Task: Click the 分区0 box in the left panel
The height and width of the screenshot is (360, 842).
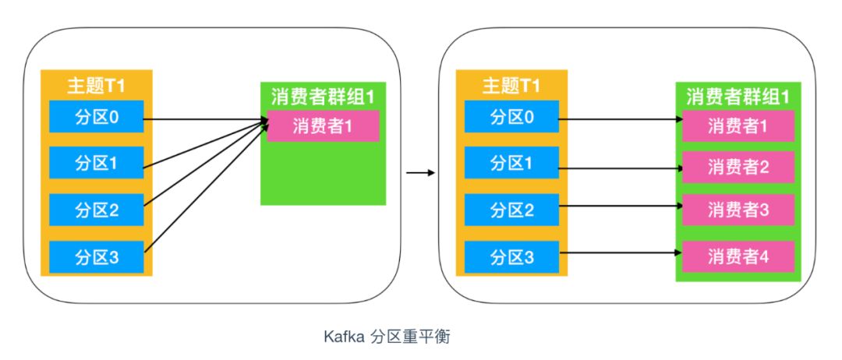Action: (x=97, y=118)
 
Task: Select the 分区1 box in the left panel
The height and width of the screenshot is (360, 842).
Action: (x=97, y=163)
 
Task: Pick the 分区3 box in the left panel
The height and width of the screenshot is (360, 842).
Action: (x=97, y=256)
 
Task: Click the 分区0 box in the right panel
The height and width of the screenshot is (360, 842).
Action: (x=513, y=118)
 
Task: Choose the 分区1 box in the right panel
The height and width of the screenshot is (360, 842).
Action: (x=513, y=163)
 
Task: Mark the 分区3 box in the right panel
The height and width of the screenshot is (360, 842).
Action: (x=513, y=256)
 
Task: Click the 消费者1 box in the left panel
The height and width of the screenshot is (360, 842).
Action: (x=323, y=125)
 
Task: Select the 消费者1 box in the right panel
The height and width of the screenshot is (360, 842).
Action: (x=738, y=125)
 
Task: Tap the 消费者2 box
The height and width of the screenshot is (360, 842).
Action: (x=738, y=166)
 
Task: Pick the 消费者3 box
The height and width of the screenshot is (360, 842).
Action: (x=738, y=210)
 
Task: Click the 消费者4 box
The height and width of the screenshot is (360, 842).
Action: (x=738, y=256)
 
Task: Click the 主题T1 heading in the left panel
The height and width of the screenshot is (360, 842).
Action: (x=97, y=85)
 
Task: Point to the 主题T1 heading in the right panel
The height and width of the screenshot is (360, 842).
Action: (x=511, y=85)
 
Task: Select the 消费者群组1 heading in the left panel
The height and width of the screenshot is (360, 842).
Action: (x=323, y=97)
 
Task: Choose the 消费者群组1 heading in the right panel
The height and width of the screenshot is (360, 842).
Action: (x=738, y=97)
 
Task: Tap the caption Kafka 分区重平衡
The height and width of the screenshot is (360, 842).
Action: (x=387, y=337)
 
